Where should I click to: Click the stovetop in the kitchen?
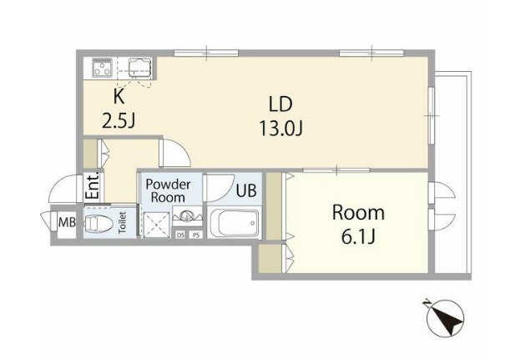[x=103, y=68]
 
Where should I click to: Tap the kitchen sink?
[x=140, y=68]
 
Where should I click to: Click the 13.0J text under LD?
[x=280, y=128]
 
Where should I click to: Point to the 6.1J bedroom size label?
[x=358, y=236]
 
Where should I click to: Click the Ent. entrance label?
[x=93, y=185]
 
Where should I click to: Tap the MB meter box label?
[x=67, y=222]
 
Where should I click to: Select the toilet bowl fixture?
[x=98, y=223]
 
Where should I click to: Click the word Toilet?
[x=122, y=223]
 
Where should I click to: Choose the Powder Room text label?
[x=168, y=190]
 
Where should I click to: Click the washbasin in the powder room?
[x=187, y=216]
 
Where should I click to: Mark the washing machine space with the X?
[x=156, y=224]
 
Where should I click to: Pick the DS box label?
[x=180, y=235]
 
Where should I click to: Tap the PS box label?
[x=196, y=235]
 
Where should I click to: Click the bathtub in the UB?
[x=235, y=223]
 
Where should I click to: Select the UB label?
[x=246, y=190]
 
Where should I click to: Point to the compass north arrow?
[x=444, y=317]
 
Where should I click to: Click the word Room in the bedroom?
[x=358, y=212]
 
